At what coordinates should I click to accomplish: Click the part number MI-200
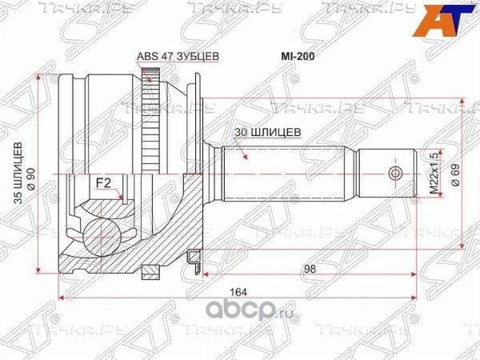298,56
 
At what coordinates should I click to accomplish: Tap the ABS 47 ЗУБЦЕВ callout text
178,56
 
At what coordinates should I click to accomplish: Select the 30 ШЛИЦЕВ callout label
268,132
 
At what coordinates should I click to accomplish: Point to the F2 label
103,183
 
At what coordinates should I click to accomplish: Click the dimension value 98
310,269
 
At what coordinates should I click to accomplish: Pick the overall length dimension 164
238,292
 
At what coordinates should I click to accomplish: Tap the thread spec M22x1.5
434,173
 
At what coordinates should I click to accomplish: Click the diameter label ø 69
455,174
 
